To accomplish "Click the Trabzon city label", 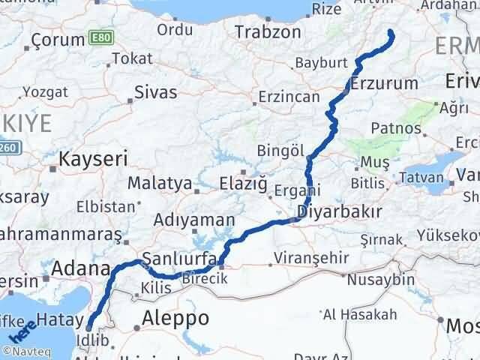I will tap(268, 32).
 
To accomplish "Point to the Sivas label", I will tap(156, 93).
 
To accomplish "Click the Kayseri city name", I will tap(93, 159).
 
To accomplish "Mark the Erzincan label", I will tap(289, 97).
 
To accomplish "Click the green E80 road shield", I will tap(97, 37).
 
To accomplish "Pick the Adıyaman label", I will tap(183, 220).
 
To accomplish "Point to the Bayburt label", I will tap(321, 62).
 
